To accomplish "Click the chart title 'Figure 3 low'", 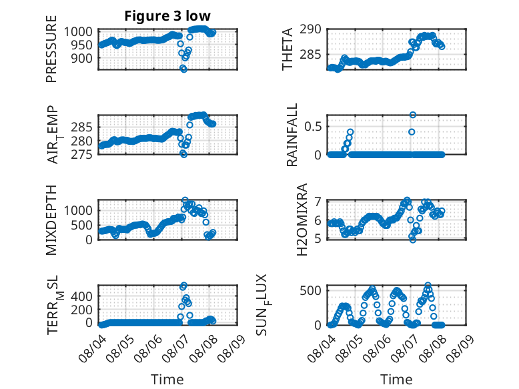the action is [167, 16].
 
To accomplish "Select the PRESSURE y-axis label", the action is [51, 49].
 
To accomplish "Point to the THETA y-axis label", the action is [288, 49].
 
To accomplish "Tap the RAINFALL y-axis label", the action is [292, 135].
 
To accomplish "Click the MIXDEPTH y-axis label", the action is [51, 220].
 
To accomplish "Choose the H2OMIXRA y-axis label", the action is [302, 220].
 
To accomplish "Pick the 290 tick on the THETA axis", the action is [310, 29].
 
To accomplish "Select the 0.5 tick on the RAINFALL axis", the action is [313, 127].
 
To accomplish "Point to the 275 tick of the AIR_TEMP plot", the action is [82, 155].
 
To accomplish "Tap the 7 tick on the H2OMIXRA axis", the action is [318, 202].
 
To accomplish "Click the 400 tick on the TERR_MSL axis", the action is [82, 296].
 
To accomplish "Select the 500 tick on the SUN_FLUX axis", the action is [310, 291].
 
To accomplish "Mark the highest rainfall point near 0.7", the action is [412, 115].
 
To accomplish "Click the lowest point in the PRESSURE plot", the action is [183, 69].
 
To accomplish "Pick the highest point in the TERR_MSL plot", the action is [183, 286].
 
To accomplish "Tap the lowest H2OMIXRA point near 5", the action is [412, 240].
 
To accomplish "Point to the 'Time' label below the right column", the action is [396, 380].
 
